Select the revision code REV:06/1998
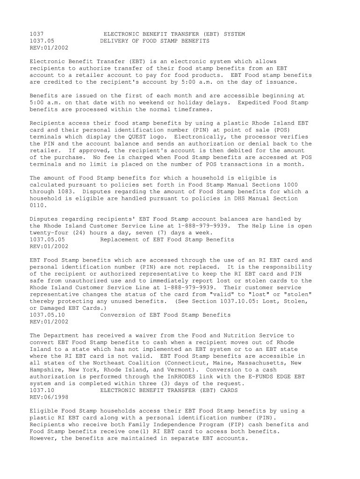tap(49, 397)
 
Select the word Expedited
tap(255, 102)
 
